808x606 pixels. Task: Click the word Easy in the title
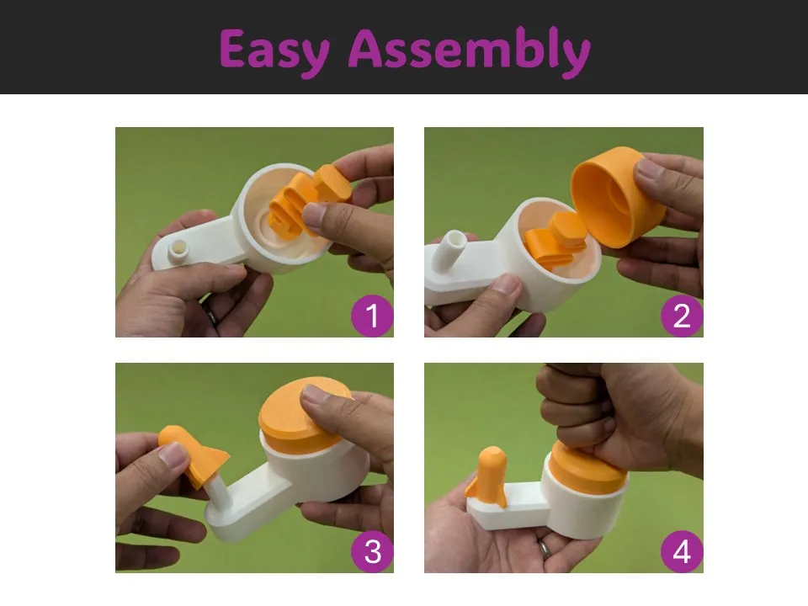275,50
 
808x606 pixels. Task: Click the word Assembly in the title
470,50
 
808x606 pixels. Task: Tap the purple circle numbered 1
372,316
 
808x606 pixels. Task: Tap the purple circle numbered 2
682,316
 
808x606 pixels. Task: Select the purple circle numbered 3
372,551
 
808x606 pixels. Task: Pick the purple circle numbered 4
682,551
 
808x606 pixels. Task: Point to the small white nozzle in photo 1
178,251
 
